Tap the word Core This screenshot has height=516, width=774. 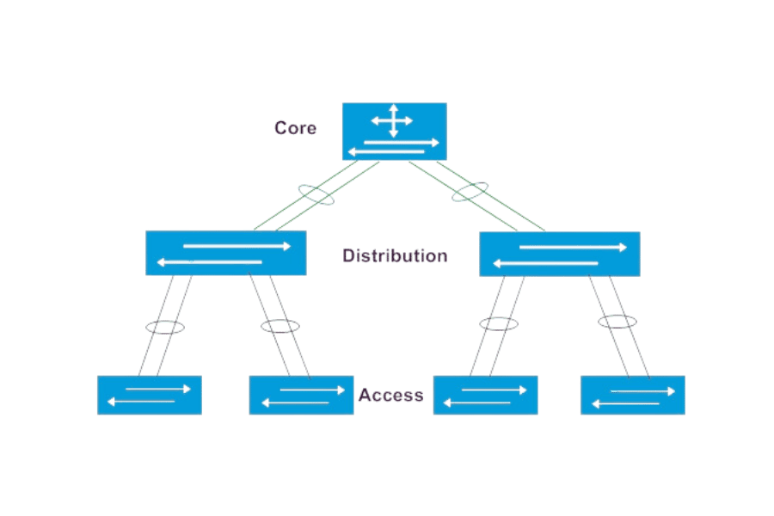(295, 128)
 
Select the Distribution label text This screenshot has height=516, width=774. (394, 255)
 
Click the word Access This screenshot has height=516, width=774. (391, 396)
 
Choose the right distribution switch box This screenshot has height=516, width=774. (559, 254)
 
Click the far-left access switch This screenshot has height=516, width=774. (150, 395)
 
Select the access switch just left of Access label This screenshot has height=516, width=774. (301, 395)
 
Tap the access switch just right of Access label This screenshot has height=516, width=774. (485, 395)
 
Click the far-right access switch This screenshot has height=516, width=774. (633, 395)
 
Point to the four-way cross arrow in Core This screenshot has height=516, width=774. (392, 120)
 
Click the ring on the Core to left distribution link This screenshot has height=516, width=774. (316, 193)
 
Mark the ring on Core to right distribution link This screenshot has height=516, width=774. (471, 192)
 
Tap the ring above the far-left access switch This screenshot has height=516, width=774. (163, 327)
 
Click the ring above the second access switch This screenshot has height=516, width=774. (280, 327)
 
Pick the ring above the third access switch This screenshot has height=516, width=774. (498, 324)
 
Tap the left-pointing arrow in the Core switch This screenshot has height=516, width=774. (387, 152)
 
